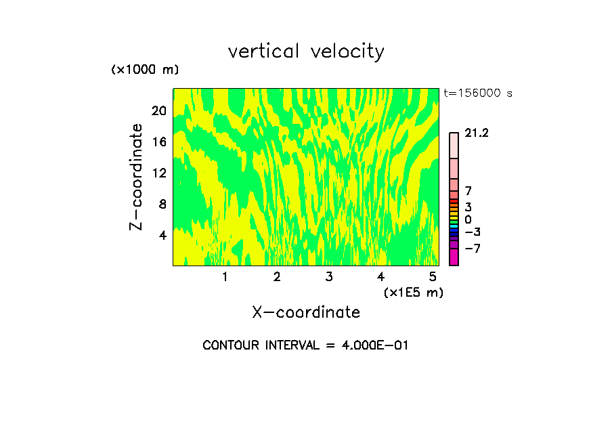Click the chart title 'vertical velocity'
click(x=306, y=51)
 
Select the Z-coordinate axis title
click(x=137, y=177)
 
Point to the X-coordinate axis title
click(x=306, y=312)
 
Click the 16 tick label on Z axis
click(x=158, y=142)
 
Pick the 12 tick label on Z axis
click(x=158, y=173)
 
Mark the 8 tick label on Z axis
click(x=162, y=204)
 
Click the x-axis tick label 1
click(x=225, y=276)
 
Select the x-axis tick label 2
click(x=277, y=276)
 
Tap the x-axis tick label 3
click(x=328, y=276)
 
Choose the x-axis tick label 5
click(x=433, y=276)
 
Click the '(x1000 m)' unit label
click(x=145, y=70)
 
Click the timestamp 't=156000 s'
click(x=478, y=93)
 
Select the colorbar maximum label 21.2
click(x=477, y=133)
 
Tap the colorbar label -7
click(x=472, y=249)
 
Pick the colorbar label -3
click(x=472, y=232)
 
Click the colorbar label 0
click(x=468, y=220)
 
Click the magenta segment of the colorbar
click(x=454, y=257)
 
